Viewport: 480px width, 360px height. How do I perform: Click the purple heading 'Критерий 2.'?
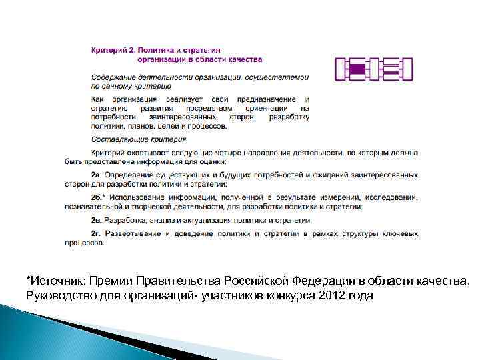coord(113,50)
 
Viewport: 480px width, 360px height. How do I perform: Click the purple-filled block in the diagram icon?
coord(358,69)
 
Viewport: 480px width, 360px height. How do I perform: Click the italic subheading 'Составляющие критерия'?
coord(139,139)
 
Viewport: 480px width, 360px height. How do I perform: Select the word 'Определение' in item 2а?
coord(129,175)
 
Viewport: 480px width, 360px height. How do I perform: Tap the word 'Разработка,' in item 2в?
coord(126,220)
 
